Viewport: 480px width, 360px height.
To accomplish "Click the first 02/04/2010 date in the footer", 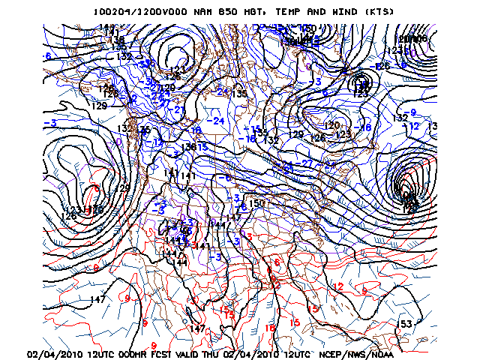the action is click(x=55, y=354).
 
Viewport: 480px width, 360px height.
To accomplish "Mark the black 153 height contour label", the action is click(x=404, y=323).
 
